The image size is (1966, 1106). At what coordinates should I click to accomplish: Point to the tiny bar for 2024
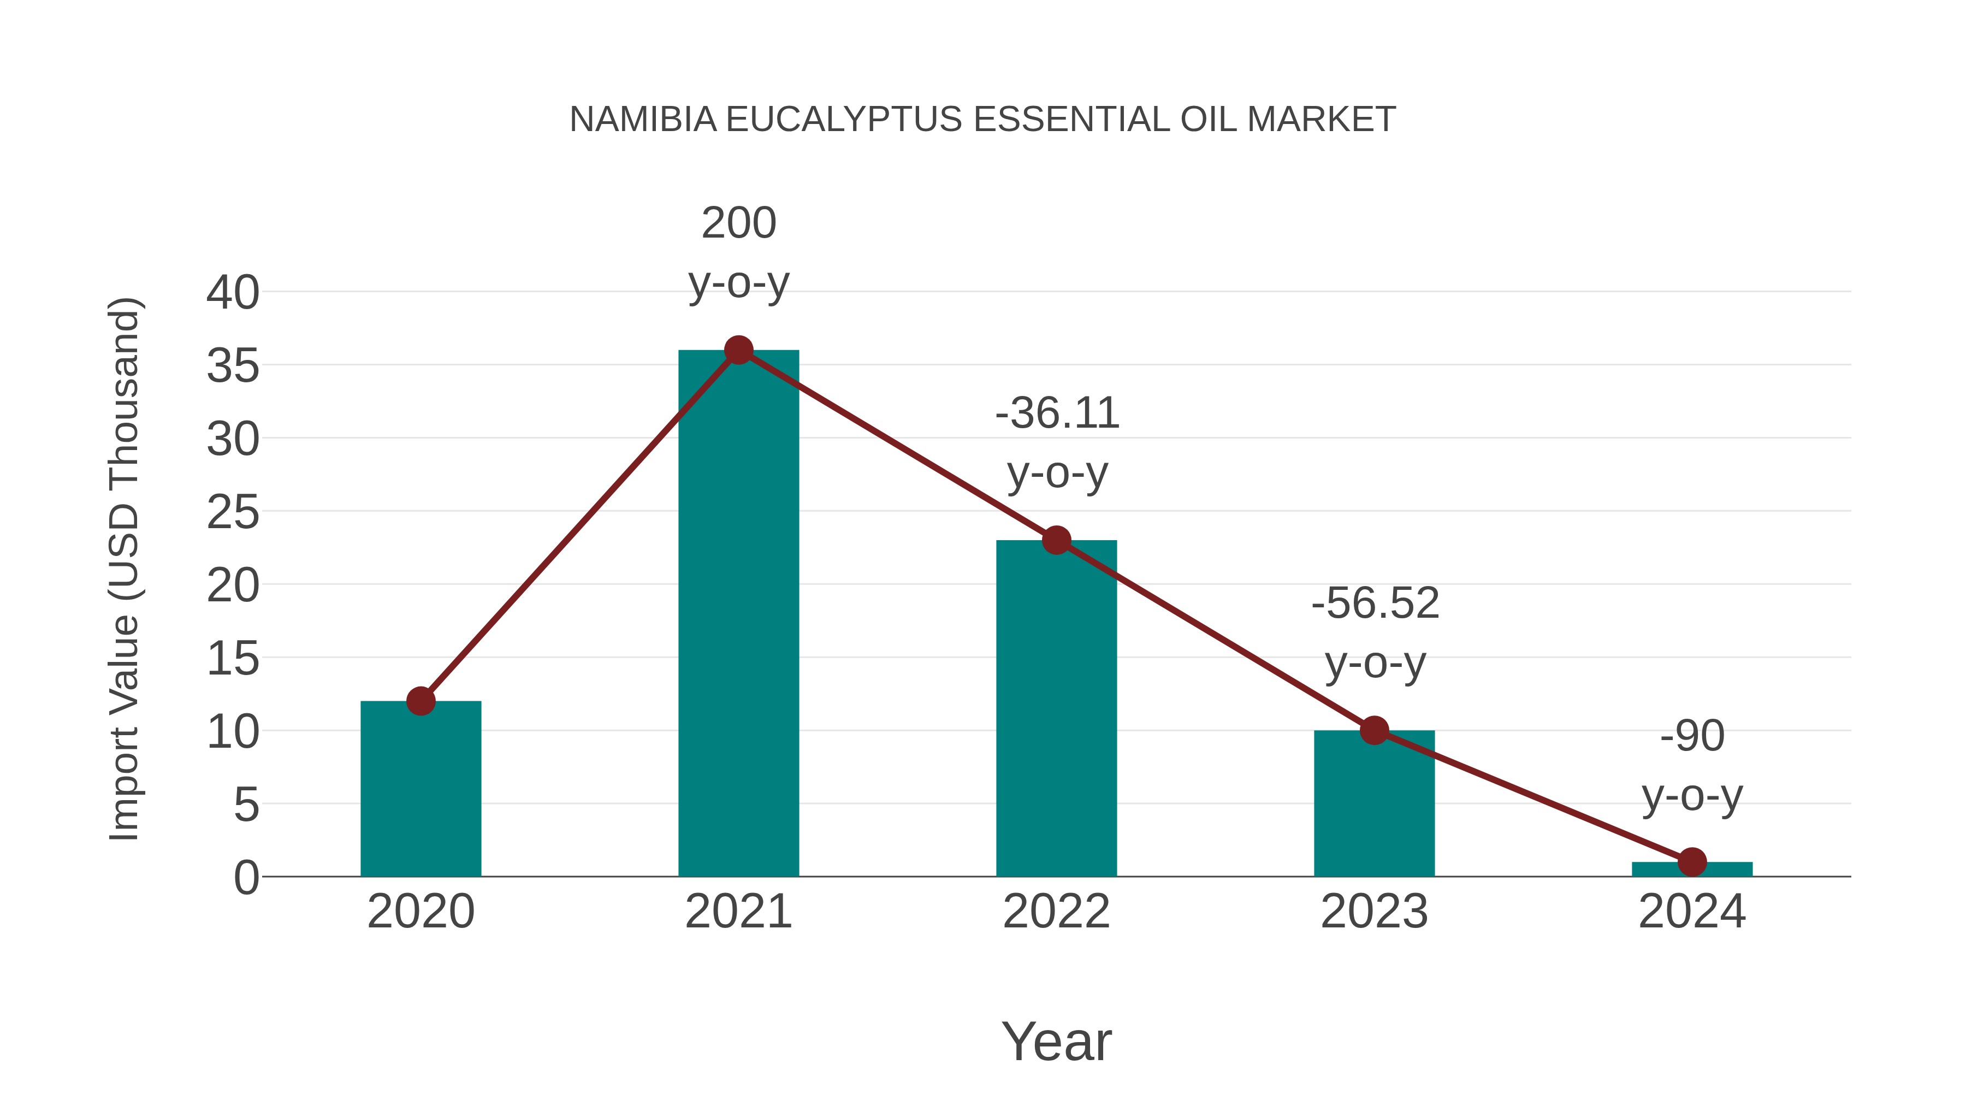click(x=1692, y=870)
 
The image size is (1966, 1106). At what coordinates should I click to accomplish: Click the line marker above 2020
click(x=421, y=701)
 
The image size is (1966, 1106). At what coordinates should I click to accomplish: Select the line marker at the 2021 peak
click(x=738, y=350)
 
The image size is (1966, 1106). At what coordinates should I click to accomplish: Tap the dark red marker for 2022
click(x=1056, y=540)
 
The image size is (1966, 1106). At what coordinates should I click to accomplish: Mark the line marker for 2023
click(x=1374, y=730)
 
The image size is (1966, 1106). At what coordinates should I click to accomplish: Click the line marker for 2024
click(x=1692, y=862)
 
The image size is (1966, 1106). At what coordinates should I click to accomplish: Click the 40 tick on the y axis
click(x=233, y=292)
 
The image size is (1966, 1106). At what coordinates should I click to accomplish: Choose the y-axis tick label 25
click(x=233, y=512)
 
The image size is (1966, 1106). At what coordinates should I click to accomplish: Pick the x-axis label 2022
click(x=1056, y=912)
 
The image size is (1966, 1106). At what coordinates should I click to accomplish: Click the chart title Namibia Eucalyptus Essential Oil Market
click(x=982, y=120)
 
